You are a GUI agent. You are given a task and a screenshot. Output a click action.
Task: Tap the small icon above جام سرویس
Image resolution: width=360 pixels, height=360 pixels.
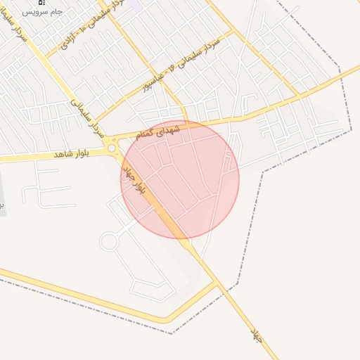(41, 2)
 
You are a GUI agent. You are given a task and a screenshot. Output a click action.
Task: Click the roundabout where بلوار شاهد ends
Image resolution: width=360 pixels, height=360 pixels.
(111, 148)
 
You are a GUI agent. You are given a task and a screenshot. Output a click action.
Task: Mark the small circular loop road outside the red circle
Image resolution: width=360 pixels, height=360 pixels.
(108, 242)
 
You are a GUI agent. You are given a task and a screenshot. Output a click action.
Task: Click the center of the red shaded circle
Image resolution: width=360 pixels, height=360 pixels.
(180, 179)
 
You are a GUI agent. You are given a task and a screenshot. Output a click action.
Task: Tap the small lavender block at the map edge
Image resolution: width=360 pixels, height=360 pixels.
(136, 4)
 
